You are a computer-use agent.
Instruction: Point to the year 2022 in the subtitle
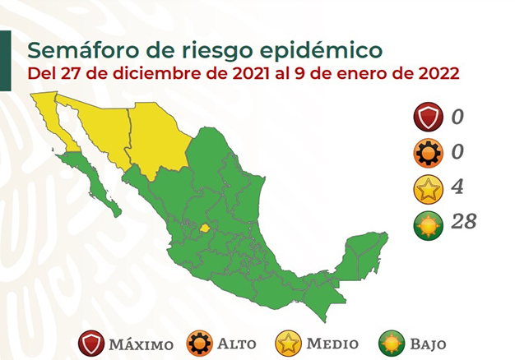pyautogui.click(x=438, y=73)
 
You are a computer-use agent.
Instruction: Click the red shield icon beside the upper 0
pyautogui.click(x=428, y=118)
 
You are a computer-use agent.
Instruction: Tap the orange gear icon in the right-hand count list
pyautogui.click(x=428, y=153)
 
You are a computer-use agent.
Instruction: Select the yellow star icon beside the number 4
pyautogui.click(x=428, y=189)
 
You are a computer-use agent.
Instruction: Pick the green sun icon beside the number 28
pyautogui.click(x=428, y=225)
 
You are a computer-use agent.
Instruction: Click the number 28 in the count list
pyautogui.click(x=463, y=221)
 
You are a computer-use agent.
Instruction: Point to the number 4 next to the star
pyautogui.click(x=457, y=187)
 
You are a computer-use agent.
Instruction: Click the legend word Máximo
pyautogui.click(x=142, y=344)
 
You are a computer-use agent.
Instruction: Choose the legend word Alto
pyautogui.click(x=236, y=344)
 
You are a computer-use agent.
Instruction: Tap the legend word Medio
pyautogui.click(x=332, y=344)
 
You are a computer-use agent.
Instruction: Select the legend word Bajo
pyautogui.click(x=429, y=344)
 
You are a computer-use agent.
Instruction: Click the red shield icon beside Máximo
pyautogui.click(x=91, y=344)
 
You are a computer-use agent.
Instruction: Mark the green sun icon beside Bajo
pyautogui.click(x=392, y=344)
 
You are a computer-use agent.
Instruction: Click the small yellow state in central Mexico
pyautogui.click(x=205, y=228)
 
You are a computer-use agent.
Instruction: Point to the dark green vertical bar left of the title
pyautogui.click(x=6, y=61)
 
